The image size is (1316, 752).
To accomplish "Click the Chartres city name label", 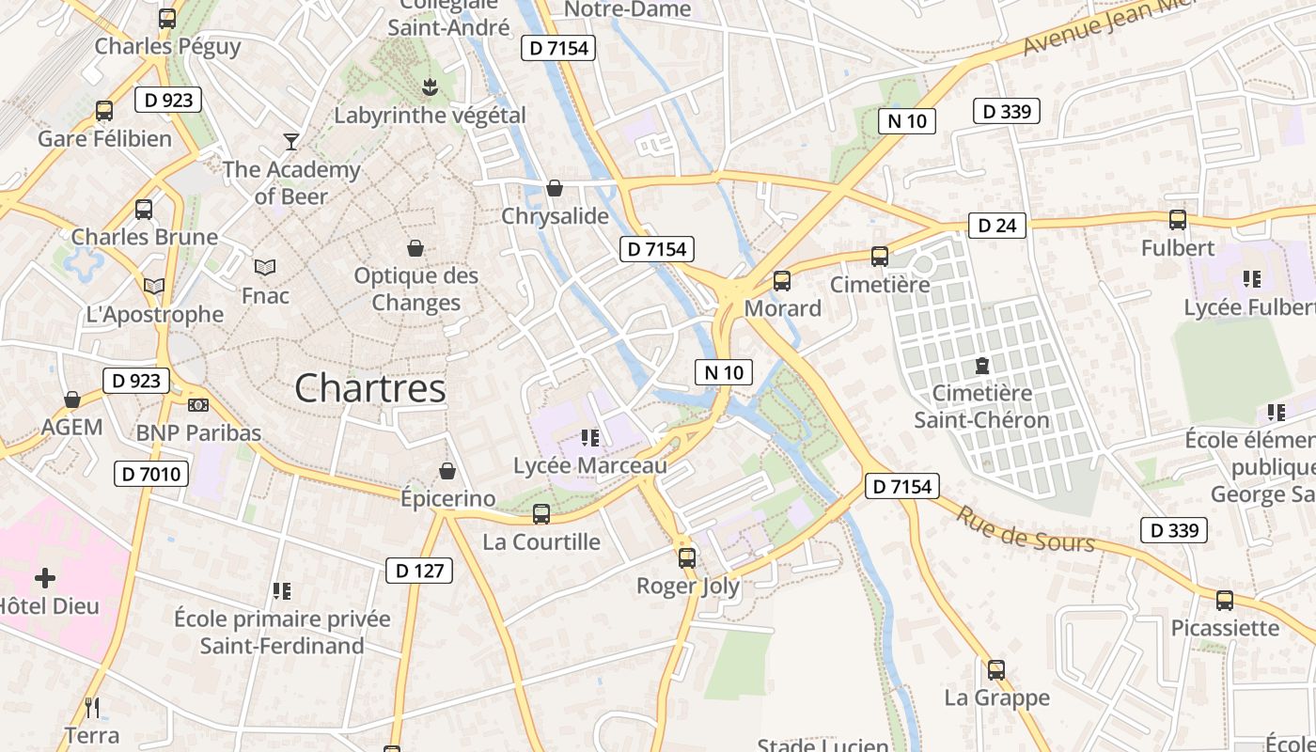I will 369,388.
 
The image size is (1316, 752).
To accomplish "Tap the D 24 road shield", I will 997,226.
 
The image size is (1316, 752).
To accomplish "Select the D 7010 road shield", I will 150,474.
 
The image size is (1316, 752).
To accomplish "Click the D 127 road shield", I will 419,571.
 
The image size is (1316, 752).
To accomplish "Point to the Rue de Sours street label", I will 1026,529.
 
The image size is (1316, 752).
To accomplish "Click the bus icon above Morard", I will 782,280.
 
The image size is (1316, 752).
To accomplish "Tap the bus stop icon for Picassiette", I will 1225,600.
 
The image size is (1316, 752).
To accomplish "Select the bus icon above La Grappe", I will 996,670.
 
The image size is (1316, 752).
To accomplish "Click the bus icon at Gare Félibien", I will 104,111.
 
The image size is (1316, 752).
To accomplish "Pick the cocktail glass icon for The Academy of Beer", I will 291,142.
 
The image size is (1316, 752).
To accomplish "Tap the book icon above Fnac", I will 265,268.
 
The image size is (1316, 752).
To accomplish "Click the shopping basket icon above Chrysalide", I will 555,189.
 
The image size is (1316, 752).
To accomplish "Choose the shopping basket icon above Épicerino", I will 447,471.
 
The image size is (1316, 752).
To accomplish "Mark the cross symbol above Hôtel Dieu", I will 45,577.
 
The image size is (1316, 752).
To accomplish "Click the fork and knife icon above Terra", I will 92,707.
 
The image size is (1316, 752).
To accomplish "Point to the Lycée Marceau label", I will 589,465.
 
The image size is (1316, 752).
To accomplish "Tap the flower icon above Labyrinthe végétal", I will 431,87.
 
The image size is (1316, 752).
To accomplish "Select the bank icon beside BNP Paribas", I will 198,405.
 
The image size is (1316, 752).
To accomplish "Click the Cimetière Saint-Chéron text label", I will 981,406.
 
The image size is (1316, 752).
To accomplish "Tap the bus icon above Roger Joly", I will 687,557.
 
